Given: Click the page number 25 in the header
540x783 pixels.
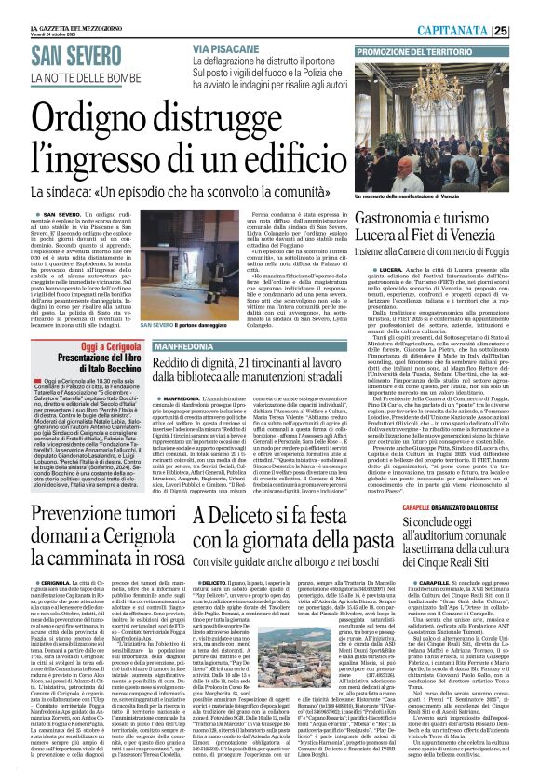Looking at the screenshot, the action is (x=527, y=31).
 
